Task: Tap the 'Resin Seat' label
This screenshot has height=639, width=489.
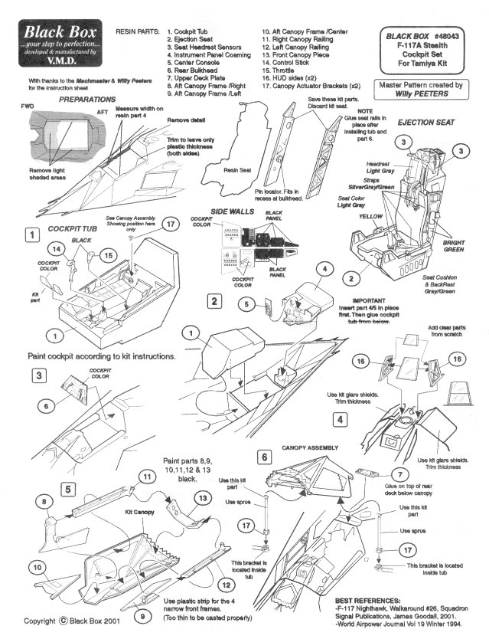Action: point(237,170)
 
